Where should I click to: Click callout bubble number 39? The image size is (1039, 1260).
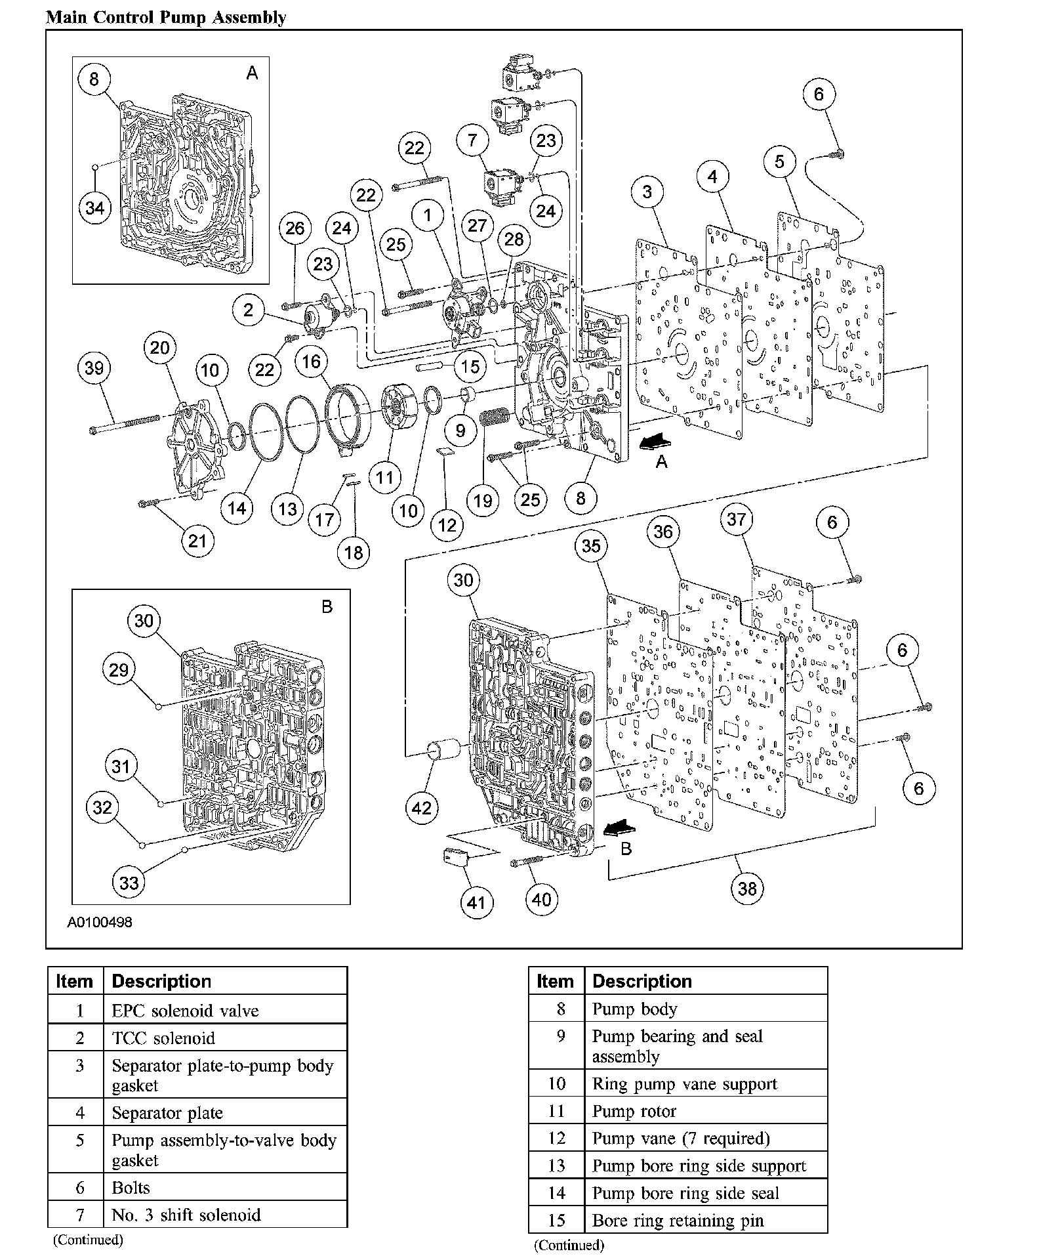94,368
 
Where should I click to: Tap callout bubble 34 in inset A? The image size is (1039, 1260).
95,208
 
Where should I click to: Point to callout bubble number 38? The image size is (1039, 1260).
747,889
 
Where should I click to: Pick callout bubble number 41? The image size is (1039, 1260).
476,902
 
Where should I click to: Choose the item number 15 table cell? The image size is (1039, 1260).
556,1221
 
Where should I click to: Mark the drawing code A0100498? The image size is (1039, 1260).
100,922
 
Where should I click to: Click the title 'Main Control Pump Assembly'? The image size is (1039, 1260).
166,17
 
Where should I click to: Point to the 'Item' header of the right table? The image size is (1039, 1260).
555,981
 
